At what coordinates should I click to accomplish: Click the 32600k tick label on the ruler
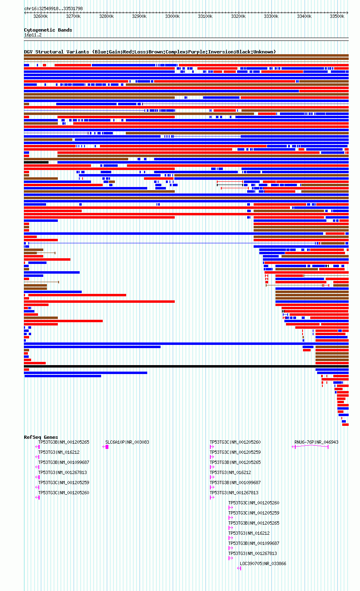40,16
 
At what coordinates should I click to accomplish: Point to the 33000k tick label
172,16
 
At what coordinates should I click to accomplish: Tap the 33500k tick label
337,16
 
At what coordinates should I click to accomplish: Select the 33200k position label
238,16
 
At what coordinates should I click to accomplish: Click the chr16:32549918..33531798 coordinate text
53,9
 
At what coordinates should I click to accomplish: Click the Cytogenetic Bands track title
48,30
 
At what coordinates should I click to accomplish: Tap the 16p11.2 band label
33,35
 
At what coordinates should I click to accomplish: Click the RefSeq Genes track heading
41,437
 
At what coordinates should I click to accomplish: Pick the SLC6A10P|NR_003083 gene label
127,442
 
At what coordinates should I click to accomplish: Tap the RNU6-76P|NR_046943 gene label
316,442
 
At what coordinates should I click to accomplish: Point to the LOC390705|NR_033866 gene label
263,563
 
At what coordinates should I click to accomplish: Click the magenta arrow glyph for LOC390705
239,568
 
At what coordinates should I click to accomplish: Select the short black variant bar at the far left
36,162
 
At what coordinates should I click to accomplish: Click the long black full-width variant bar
186,366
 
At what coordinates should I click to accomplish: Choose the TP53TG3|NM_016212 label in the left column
59,452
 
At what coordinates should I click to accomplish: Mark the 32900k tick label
139,16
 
